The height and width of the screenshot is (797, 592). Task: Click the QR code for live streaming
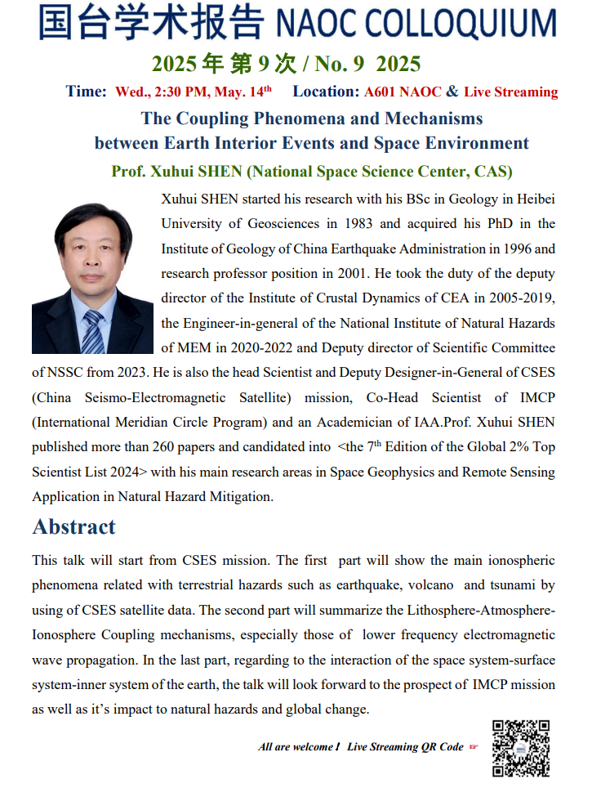pos(520,748)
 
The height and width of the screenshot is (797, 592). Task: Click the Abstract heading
pos(74,526)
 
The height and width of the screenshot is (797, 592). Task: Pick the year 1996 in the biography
pos(510,249)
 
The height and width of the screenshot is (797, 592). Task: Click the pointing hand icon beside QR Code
pos(474,746)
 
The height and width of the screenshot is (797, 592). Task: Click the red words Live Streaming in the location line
pos(511,92)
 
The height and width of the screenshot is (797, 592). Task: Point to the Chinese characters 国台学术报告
pos(151,23)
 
